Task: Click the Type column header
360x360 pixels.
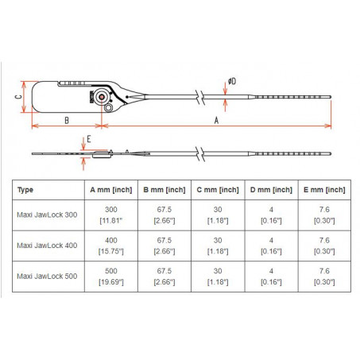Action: click(x=25, y=190)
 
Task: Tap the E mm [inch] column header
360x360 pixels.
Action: click(x=324, y=190)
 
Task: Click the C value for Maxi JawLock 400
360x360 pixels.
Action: click(x=217, y=245)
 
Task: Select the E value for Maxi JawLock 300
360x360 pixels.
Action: click(x=324, y=215)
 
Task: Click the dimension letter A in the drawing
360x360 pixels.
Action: click(x=217, y=119)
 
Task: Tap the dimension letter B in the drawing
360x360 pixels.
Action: click(x=67, y=119)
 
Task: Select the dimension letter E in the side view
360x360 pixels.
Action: click(x=89, y=138)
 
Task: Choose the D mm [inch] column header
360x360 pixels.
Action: click(x=270, y=190)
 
